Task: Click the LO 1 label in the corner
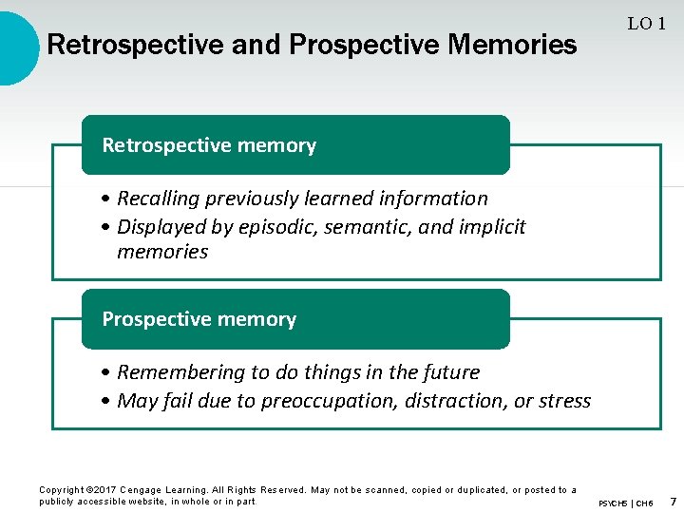(646, 25)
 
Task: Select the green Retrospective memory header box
(294, 145)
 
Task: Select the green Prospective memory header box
(294, 319)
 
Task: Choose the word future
(449, 372)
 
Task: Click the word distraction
(455, 401)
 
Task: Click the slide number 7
(672, 500)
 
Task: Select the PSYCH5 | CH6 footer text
(626, 502)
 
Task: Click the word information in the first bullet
(433, 199)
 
